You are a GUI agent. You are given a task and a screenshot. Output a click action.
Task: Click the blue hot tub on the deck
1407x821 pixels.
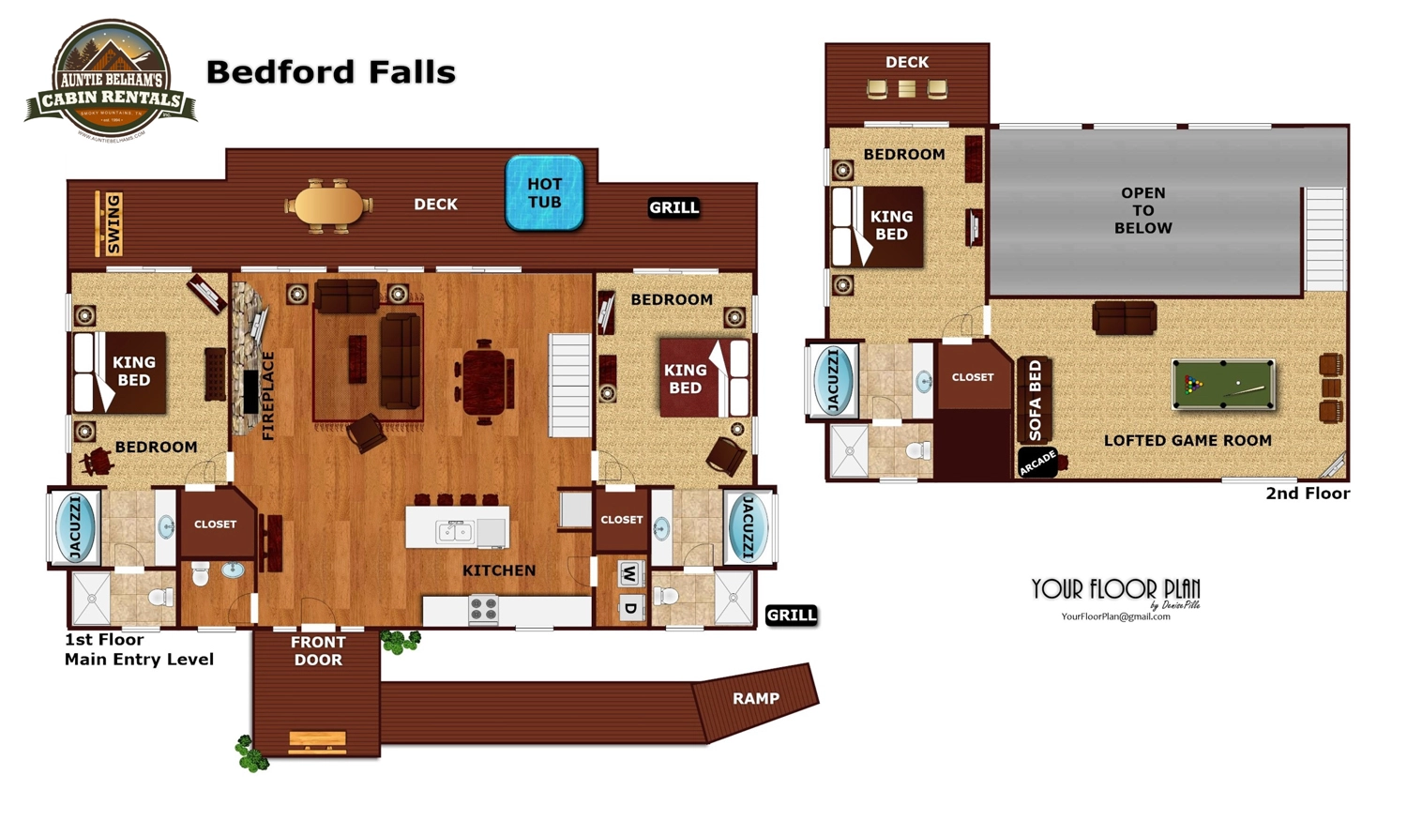coord(544,193)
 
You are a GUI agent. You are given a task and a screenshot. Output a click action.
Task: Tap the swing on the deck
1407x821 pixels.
coord(109,223)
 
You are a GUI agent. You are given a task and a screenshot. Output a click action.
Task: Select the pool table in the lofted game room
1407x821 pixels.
coord(1223,385)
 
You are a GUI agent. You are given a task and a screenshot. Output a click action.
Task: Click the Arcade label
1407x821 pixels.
coord(1038,463)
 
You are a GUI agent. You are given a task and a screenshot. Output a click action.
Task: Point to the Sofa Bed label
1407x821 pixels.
coord(1035,401)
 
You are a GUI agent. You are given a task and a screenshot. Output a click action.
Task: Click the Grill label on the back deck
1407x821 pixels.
coord(673,207)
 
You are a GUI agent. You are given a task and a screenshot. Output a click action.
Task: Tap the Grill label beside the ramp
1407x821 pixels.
coord(791,616)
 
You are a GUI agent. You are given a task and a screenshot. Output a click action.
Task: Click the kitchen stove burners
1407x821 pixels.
coord(483,610)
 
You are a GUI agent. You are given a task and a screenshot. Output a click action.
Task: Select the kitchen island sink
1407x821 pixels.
coord(455,532)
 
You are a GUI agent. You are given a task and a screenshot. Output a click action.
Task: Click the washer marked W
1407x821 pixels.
coord(630,574)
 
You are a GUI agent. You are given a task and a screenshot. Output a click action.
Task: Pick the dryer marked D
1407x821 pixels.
coord(630,608)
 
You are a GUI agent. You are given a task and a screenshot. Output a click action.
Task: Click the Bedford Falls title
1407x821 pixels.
coord(330,72)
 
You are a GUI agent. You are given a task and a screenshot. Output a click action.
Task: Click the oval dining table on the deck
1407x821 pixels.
coord(328,205)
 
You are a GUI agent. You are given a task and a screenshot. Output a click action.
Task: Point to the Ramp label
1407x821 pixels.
coord(755,698)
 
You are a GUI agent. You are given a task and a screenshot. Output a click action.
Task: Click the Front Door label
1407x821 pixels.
coord(318,651)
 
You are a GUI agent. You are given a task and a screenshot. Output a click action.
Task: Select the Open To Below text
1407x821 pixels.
coord(1142,210)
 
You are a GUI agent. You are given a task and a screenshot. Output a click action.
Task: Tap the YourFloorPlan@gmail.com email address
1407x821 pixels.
coord(1115,616)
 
